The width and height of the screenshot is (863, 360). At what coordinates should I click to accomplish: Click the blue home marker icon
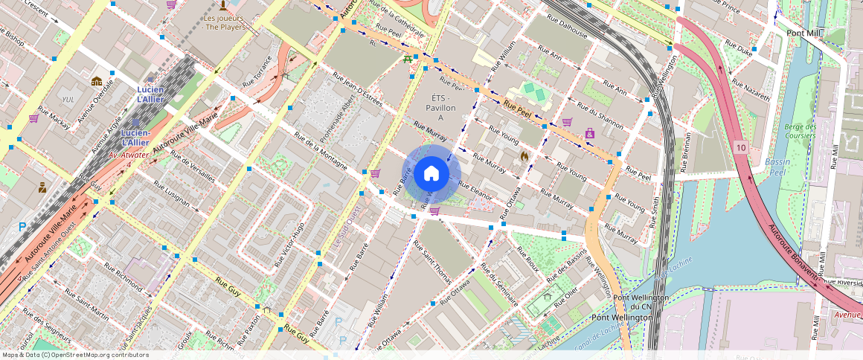pyautogui.click(x=431, y=174)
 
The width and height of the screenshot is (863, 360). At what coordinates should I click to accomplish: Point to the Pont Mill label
pyautogui.click(x=803, y=33)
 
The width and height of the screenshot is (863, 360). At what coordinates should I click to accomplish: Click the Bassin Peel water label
pyautogui.click(x=780, y=167)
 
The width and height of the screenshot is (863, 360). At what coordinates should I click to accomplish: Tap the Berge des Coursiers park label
pyautogui.click(x=800, y=131)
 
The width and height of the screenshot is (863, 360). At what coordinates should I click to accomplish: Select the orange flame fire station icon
pyautogui.click(x=524, y=156)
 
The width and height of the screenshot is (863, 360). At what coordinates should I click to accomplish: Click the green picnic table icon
pyautogui.click(x=408, y=58)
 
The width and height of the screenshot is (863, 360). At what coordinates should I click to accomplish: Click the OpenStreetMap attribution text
pyautogui.click(x=74, y=355)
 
